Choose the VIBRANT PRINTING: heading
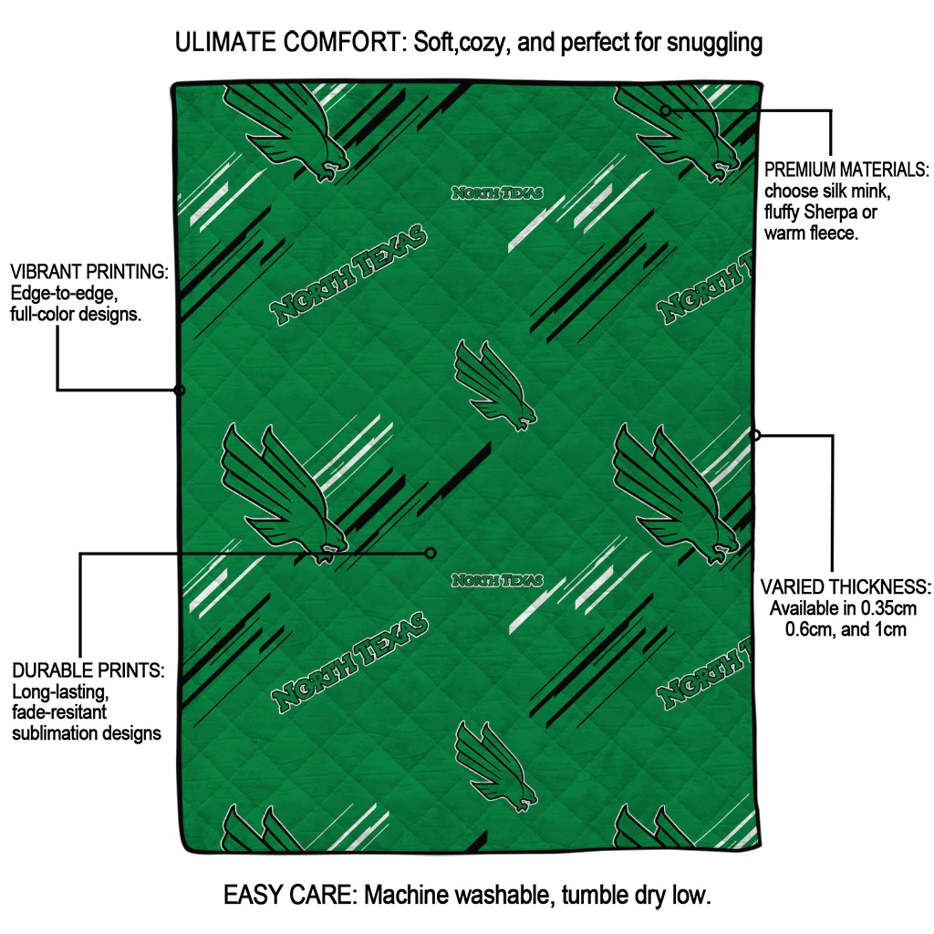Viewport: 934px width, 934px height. click(x=88, y=272)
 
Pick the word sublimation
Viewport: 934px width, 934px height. click(x=53, y=732)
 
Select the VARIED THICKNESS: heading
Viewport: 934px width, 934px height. click(x=846, y=586)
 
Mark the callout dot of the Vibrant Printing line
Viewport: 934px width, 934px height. click(x=180, y=390)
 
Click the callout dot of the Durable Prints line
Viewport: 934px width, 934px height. click(x=431, y=553)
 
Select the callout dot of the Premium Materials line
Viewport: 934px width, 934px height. click(x=666, y=110)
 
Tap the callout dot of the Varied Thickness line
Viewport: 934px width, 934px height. click(x=755, y=435)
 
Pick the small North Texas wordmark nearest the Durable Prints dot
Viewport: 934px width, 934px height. click(x=498, y=580)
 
